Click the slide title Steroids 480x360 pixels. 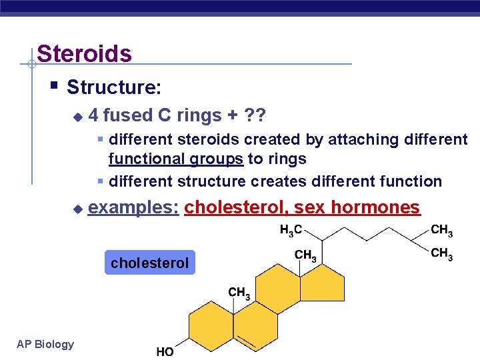click(x=84, y=53)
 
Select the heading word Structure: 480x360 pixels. click(x=113, y=87)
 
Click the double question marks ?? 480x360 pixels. click(x=255, y=115)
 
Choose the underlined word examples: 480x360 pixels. click(x=133, y=207)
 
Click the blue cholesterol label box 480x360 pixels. click(x=150, y=263)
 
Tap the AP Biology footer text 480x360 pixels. click(x=45, y=344)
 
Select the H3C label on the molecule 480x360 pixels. click(x=291, y=231)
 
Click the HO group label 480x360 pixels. click(x=165, y=351)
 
